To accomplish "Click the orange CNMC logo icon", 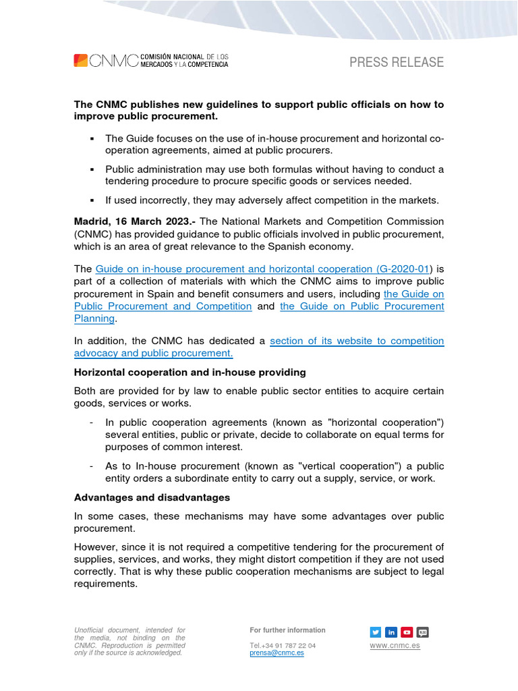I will tap(80, 61).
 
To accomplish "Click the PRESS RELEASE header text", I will tap(396, 63).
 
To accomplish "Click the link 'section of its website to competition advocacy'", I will tap(357, 341).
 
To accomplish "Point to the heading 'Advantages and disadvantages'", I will tap(152, 497).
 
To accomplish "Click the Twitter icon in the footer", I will tap(376, 632).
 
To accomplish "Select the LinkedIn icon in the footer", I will tap(391, 632).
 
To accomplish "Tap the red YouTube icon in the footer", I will tap(407, 632).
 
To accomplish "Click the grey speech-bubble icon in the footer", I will tap(423, 632).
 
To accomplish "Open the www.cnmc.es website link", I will tap(395, 646).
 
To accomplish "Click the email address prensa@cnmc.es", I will tap(277, 653).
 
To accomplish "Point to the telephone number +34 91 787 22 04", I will tap(282, 646).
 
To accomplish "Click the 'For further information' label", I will tap(287, 630).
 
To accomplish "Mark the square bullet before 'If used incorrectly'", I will tap(90, 200).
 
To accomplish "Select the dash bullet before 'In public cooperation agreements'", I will tap(91, 422).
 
